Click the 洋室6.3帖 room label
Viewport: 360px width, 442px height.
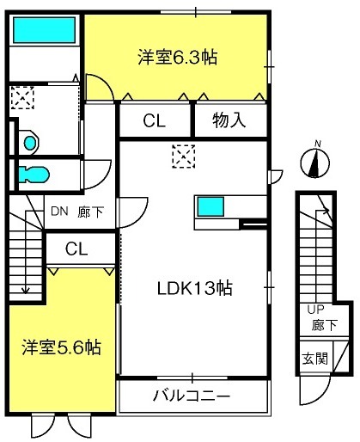tap(178, 57)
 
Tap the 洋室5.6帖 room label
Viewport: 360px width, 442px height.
tap(62, 347)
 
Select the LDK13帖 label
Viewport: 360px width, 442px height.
tap(195, 288)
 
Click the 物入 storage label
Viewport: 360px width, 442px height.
tap(229, 120)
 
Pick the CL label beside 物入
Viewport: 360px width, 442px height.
tap(155, 120)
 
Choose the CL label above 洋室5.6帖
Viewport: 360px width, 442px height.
tap(76, 249)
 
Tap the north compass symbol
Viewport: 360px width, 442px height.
tap(315, 162)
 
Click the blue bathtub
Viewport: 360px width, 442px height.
tap(44, 30)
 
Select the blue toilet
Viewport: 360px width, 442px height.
tap(34, 175)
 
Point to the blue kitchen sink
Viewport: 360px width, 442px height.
tap(211, 206)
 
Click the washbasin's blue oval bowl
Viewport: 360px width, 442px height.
tap(30, 143)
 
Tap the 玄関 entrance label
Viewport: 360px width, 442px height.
tap(315, 358)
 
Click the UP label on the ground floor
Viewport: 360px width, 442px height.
tap(315, 310)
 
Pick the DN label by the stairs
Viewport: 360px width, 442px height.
tap(59, 212)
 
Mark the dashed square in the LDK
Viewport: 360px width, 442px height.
tap(184, 157)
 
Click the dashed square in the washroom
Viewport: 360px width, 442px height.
tap(22, 97)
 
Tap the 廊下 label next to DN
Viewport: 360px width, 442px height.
tap(90, 212)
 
